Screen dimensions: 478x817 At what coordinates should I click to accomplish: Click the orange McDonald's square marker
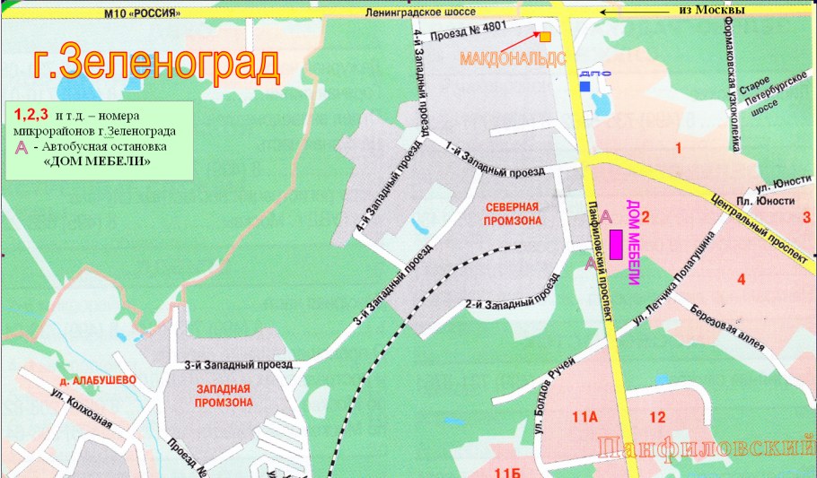coord(545,37)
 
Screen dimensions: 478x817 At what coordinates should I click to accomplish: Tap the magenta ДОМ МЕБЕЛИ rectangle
coord(617,244)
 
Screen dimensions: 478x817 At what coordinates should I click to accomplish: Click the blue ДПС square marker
coord(584,86)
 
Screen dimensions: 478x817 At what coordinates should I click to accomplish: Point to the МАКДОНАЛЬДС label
coord(512,59)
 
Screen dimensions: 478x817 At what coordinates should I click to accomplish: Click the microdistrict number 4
coord(741,279)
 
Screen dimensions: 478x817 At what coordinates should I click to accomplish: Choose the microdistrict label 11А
coord(584,416)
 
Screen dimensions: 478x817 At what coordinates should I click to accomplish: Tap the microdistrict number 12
coord(657,416)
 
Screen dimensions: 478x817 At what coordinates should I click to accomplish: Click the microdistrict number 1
coord(679,147)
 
